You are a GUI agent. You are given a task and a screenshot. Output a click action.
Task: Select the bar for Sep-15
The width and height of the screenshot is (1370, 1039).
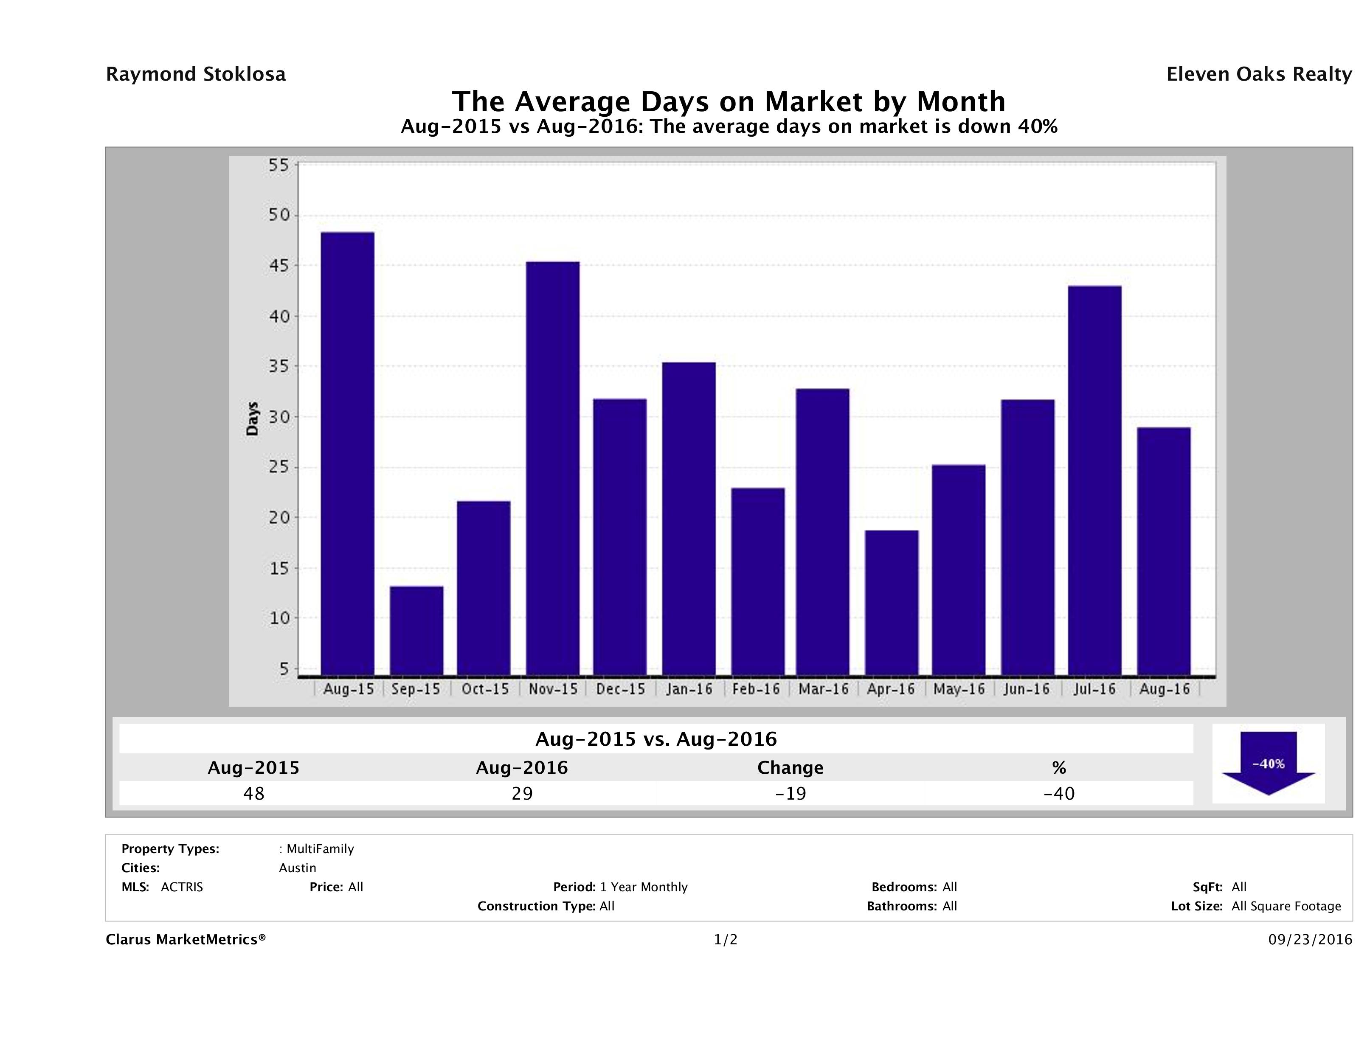[416, 630]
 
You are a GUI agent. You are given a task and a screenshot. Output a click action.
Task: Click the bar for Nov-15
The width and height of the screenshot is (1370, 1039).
[552, 468]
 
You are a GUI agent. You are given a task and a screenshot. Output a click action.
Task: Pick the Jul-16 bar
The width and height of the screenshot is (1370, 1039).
[1094, 480]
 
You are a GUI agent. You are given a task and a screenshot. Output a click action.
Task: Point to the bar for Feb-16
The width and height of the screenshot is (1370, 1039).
[757, 581]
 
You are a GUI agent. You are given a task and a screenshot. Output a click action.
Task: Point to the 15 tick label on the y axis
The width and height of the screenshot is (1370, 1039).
[279, 568]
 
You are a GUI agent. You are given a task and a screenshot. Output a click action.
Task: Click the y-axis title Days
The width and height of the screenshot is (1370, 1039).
[252, 418]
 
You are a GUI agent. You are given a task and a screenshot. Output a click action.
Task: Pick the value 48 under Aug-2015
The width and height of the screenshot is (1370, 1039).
[254, 794]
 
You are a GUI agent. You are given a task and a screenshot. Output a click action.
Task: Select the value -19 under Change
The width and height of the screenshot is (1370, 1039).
[791, 794]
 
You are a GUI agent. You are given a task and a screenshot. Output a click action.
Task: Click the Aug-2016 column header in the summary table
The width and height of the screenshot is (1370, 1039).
[521, 768]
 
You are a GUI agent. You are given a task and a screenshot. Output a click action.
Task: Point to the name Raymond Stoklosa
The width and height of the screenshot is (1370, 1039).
[196, 74]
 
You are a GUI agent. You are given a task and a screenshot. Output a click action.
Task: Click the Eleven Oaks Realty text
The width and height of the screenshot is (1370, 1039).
[1258, 74]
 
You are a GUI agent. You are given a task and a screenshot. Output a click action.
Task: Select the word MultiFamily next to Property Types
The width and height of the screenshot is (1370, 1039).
[320, 849]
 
